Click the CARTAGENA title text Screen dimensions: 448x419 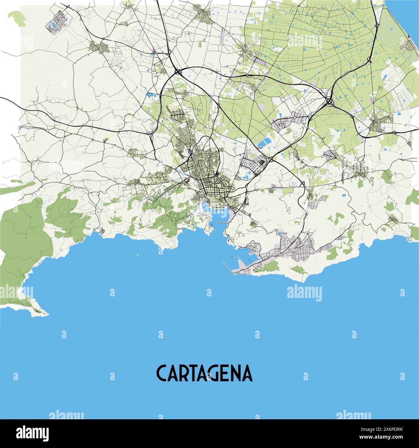(204, 373)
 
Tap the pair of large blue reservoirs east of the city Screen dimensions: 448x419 (264, 142)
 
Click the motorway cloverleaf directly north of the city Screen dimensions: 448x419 (178, 72)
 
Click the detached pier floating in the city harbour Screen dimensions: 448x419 (222, 223)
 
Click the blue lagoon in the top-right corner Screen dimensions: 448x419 (403, 16)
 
